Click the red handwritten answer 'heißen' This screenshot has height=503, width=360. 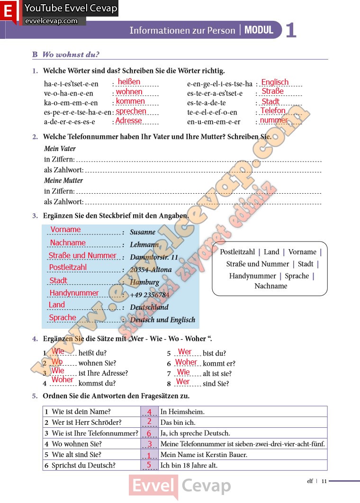129,82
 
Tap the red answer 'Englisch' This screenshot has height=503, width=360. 275,82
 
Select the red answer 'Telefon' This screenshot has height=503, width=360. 273,110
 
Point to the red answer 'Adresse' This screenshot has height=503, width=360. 128,120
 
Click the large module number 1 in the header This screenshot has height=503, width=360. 291,31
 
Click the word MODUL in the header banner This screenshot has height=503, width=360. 259,30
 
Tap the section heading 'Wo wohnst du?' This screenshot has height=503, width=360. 71,54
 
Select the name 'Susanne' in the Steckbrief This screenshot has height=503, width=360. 143,232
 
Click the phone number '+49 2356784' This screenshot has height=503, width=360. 149,295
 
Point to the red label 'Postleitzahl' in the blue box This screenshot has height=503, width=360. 68,267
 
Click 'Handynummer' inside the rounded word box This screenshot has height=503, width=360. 252,276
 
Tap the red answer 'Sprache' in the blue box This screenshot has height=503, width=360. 63,317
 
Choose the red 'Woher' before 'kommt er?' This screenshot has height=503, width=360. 186,362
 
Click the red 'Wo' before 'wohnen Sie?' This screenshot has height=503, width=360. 57,362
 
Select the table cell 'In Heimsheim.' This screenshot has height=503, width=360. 182,412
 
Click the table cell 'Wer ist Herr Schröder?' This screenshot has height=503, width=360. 87,422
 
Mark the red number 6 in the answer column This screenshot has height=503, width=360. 149,433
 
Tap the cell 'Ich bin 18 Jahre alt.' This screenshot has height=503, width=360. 189,465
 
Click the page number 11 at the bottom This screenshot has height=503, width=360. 324,481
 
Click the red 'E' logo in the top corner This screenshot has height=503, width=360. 8,12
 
